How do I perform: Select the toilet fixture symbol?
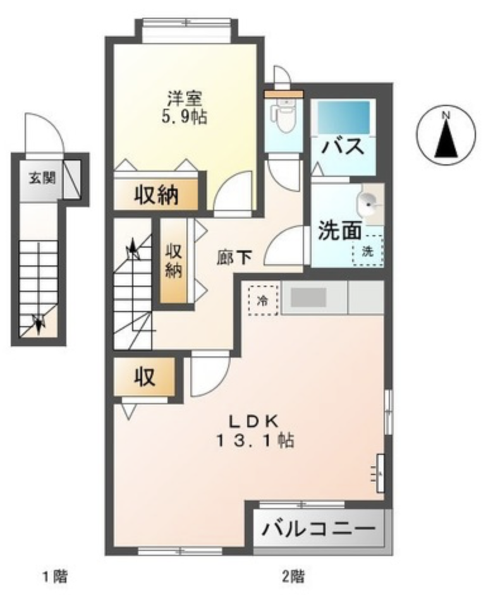283,114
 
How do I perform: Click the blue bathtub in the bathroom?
344,118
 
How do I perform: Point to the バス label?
343,147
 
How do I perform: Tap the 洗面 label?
340,231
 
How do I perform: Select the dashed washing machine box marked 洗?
368,250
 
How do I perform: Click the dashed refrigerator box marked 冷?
263,301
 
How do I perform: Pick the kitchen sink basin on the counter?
308,297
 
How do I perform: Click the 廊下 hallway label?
234,258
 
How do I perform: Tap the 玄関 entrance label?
42,178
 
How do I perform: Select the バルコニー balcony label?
319,529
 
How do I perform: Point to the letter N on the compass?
446,114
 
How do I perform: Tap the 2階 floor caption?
293,576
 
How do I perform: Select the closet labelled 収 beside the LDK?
145,377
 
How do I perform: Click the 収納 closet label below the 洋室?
156,196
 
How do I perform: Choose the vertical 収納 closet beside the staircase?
174,261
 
